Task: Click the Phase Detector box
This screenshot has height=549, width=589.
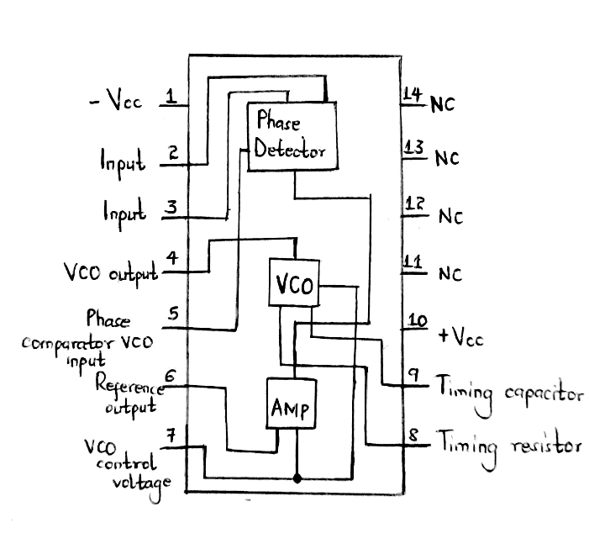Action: point(291,136)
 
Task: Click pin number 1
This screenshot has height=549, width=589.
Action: point(171,98)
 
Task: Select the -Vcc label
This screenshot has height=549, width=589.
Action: point(116,103)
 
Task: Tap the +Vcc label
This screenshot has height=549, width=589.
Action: point(460,338)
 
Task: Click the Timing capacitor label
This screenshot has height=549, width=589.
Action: point(508,393)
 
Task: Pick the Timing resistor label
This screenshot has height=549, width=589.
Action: point(507,446)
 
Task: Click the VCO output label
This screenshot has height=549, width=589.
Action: point(111,274)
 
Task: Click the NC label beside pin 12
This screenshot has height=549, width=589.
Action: point(450,217)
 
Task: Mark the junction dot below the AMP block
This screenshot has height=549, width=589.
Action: point(297,478)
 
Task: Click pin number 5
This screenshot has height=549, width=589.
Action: point(172,314)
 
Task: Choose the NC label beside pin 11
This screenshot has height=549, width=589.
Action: point(450,274)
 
